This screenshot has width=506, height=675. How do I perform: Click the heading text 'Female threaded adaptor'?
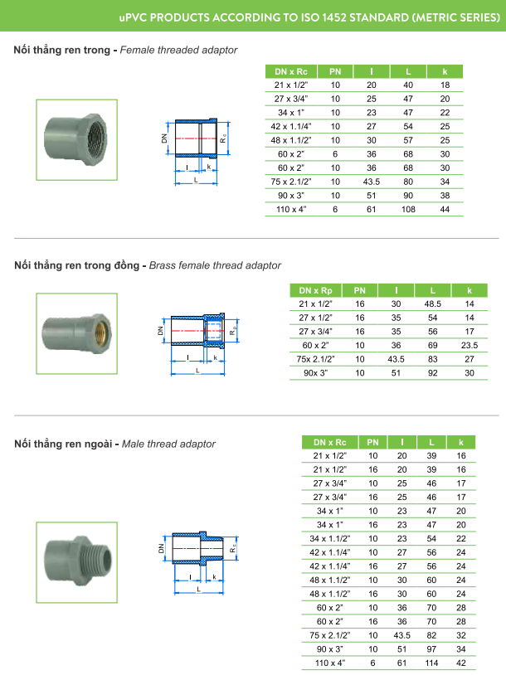[x=179, y=51]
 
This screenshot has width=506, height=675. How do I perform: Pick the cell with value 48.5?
[x=432, y=304]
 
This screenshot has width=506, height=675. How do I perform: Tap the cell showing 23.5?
[x=470, y=345]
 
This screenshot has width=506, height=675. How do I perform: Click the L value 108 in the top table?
[x=407, y=210]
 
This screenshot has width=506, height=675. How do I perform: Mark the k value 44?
[x=445, y=210]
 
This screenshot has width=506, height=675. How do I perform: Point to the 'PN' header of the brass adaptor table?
[x=360, y=290]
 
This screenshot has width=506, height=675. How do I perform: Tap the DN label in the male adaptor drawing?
[x=162, y=549]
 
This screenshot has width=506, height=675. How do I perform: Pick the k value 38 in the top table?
[x=445, y=196]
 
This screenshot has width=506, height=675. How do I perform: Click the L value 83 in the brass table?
[x=432, y=359]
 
